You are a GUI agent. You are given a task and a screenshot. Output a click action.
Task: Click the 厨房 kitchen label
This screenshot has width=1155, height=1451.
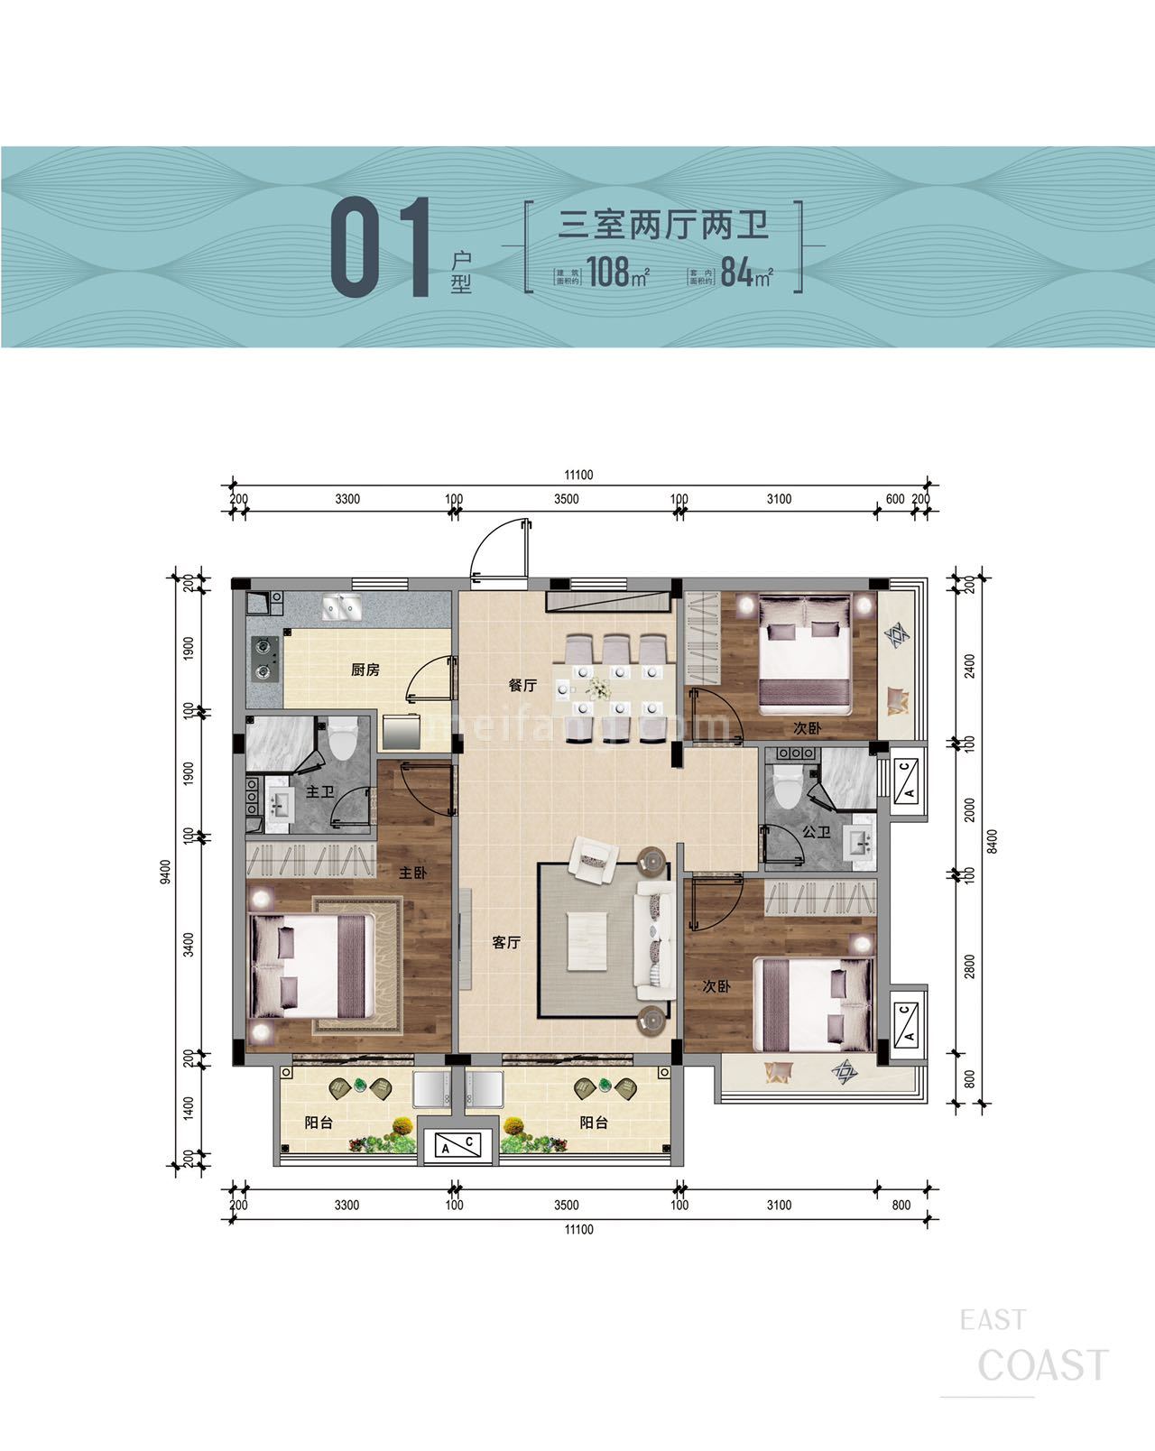[x=365, y=670]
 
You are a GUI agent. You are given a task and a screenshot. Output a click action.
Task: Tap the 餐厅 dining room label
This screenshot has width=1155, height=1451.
[x=522, y=686]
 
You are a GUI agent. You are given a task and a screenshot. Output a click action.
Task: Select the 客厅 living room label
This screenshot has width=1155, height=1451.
[x=506, y=943]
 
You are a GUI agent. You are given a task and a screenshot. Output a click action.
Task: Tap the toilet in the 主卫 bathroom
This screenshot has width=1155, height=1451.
[x=342, y=741]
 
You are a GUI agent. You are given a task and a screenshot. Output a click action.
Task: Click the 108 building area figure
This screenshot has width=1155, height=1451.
[x=609, y=272]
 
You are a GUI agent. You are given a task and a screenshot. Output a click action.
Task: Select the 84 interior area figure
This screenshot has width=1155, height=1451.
[x=737, y=272]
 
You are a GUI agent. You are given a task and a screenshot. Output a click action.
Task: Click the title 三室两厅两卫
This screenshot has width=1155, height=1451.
[x=663, y=224]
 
